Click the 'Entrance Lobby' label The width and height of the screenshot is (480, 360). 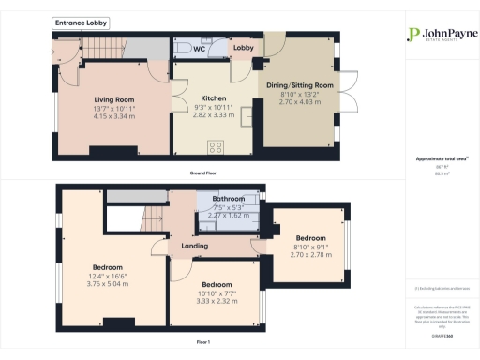[x=82, y=22]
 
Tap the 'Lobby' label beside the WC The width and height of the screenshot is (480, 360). [x=244, y=47]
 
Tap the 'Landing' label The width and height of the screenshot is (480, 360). [x=194, y=247]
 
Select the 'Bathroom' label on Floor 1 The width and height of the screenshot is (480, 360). [x=228, y=200]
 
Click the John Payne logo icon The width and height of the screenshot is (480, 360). [x=412, y=35]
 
